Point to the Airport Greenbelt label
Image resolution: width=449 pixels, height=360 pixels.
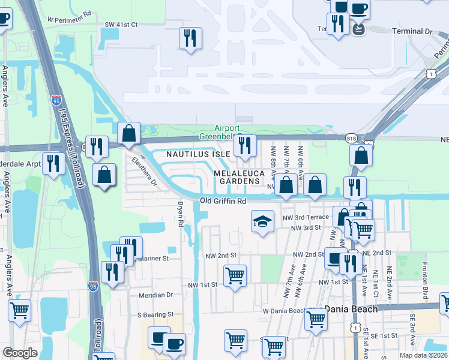[x=228, y=132]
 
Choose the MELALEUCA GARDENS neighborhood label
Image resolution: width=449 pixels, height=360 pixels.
[x=238, y=177]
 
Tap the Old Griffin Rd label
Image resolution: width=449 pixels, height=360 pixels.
[x=223, y=201]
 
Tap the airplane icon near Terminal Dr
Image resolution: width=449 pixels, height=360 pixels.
[x=359, y=28]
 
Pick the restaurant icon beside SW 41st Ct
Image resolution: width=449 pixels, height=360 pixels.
[x=190, y=38]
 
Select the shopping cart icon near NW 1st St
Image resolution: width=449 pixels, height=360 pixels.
[x=235, y=276]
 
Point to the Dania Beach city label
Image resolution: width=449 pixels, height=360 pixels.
[x=351, y=308]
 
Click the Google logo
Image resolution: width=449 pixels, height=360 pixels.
[x=20, y=353]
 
